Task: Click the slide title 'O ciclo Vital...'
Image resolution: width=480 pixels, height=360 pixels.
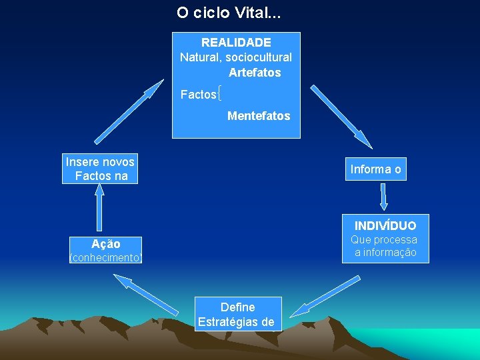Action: (229, 13)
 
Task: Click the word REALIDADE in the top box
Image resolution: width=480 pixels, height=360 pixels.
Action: (236, 43)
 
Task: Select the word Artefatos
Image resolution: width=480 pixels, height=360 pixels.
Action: (255, 72)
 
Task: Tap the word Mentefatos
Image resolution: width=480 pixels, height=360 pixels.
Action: (259, 116)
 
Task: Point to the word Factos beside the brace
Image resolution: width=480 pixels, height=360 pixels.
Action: (198, 95)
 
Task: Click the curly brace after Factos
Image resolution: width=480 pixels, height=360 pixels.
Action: (220, 95)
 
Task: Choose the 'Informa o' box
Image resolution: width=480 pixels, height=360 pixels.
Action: (376, 169)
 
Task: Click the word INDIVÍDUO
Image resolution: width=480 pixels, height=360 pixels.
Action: (385, 225)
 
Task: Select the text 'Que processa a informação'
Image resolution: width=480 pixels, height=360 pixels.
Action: (385, 246)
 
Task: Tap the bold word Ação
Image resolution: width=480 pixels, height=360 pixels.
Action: (106, 244)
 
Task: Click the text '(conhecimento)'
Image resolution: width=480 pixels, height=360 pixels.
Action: (106, 257)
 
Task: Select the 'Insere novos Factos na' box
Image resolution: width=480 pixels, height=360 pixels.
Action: (101, 169)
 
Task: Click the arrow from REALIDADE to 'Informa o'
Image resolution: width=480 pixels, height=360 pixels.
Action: (341, 116)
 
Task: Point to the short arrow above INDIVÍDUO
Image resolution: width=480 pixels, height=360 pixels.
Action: (383, 197)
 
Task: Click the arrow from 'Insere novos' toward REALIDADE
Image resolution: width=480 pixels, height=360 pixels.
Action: (129, 112)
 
